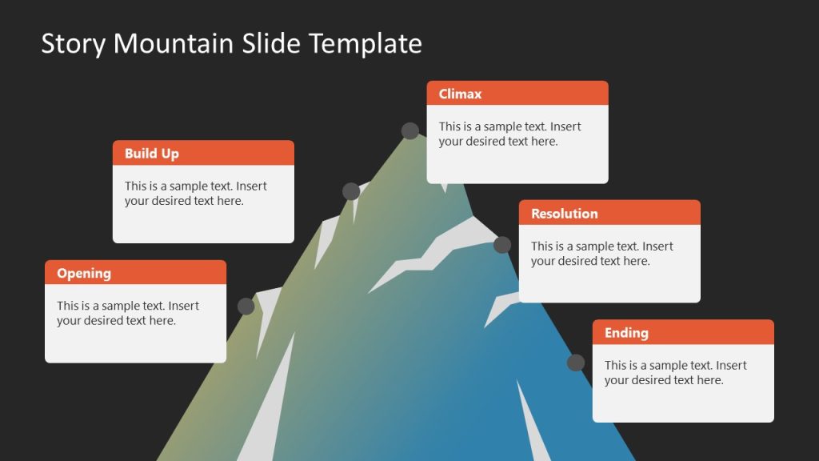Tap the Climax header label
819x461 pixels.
point(460,94)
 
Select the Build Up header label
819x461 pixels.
point(151,154)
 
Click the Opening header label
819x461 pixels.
point(84,273)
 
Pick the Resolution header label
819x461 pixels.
point(564,214)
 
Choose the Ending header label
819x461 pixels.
point(626,333)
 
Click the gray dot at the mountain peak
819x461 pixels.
point(410,131)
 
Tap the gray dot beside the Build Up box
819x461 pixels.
point(351,191)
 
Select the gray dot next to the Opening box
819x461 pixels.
point(246,306)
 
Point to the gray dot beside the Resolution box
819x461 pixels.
point(502,245)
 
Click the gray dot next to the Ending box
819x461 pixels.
point(576,363)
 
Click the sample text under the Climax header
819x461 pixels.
point(509,134)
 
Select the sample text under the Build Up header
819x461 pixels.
point(195,194)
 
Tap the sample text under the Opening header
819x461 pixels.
point(128,313)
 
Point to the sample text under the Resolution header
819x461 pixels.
point(601,254)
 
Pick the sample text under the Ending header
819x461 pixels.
point(675,373)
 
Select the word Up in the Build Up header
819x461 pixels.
point(170,154)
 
